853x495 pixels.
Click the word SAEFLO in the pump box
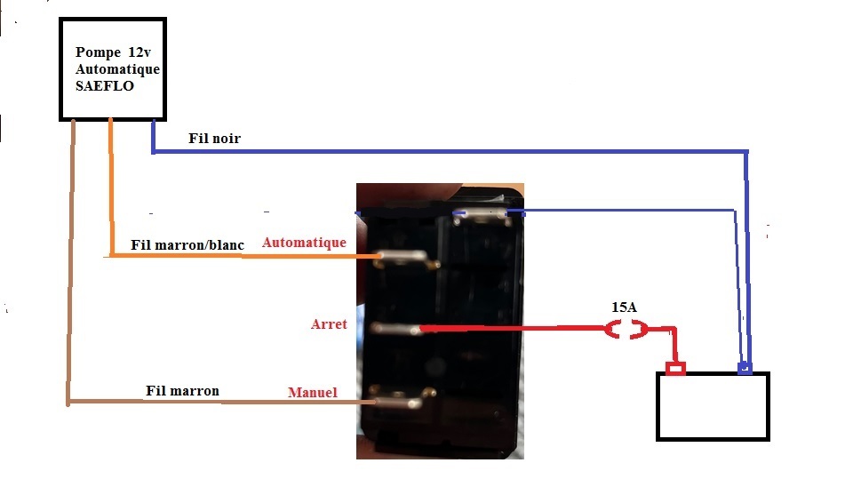(x=105, y=86)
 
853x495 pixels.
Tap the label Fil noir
(x=214, y=138)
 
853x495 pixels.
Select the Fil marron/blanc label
(x=187, y=245)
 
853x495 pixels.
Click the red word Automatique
(x=304, y=243)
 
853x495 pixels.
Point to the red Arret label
(x=329, y=324)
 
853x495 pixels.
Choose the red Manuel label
(x=313, y=392)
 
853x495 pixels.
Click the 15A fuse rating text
(x=624, y=307)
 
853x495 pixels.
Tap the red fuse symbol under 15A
(x=626, y=330)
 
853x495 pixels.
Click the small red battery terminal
(x=675, y=369)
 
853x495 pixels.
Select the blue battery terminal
(x=745, y=368)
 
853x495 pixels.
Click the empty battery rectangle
(x=713, y=406)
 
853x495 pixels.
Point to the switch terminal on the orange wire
(x=406, y=258)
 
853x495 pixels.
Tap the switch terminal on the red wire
(x=395, y=329)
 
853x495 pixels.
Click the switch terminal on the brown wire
(x=402, y=398)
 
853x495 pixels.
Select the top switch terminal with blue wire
(x=482, y=215)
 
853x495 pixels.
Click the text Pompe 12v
(x=113, y=52)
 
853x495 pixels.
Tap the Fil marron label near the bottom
(x=182, y=390)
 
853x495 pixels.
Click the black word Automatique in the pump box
(x=117, y=69)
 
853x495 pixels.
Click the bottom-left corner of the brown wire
(x=68, y=403)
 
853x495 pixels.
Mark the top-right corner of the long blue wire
(x=746, y=152)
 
